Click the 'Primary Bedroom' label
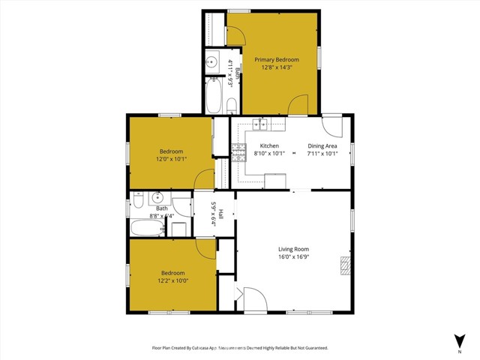[276, 60]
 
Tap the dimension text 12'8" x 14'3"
[276, 67]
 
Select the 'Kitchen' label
[269, 145]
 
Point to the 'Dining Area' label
[322, 145]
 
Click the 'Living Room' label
[294, 249]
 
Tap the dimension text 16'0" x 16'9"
[294, 256]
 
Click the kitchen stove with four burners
[238, 153]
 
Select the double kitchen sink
[262, 124]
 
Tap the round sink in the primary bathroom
[211, 62]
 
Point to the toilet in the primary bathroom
[231, 103]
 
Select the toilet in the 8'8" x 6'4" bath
[137, 199]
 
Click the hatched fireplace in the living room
[345, 265]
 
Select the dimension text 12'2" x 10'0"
[172, 280]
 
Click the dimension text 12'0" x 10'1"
[171, 159]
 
